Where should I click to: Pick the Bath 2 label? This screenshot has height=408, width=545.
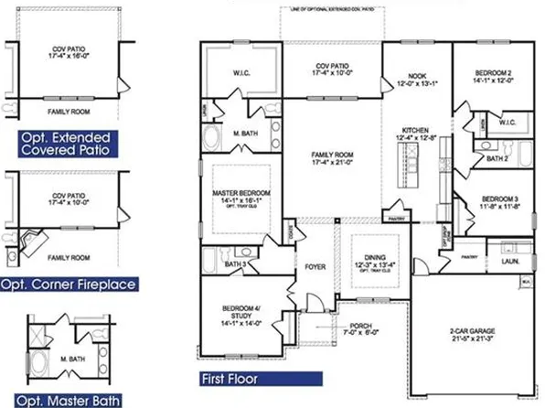coord(497,158)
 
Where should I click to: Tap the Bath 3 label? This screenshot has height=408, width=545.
coord(234,265)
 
